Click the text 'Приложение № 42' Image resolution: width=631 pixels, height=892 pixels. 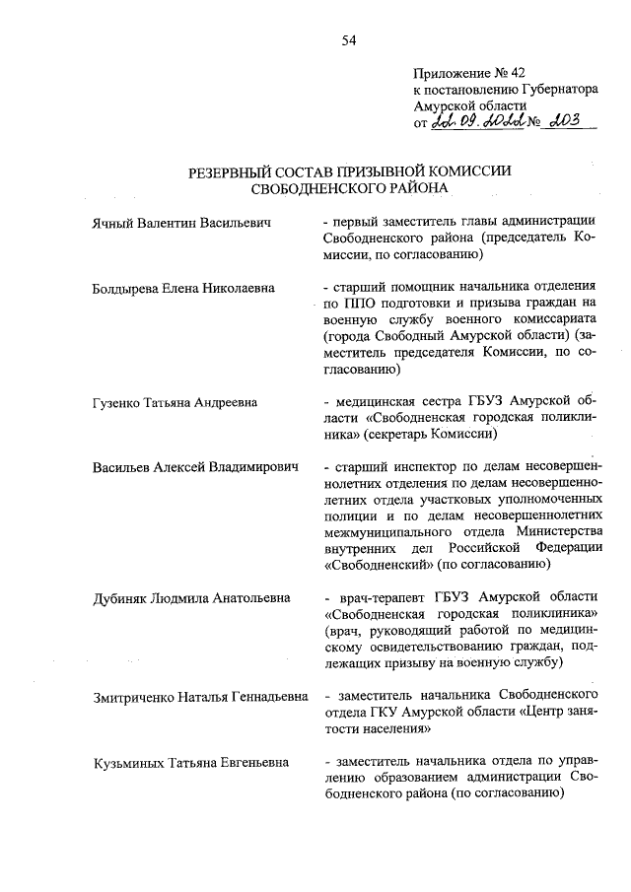coord(463,72)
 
